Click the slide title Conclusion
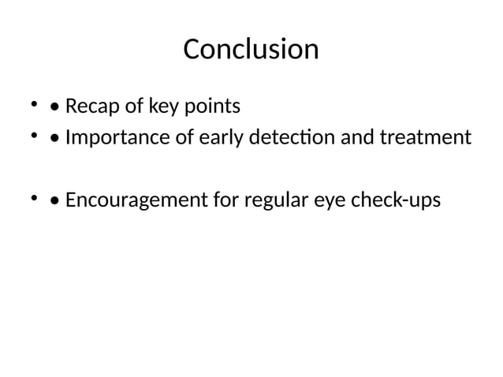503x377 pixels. click(251, 50)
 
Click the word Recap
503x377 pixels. click(90, 106)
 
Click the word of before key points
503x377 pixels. click(127, 106)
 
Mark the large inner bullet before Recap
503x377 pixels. click(54, 106)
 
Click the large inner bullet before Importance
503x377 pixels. click(54, 139)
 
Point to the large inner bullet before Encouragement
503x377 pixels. click(54, 201)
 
